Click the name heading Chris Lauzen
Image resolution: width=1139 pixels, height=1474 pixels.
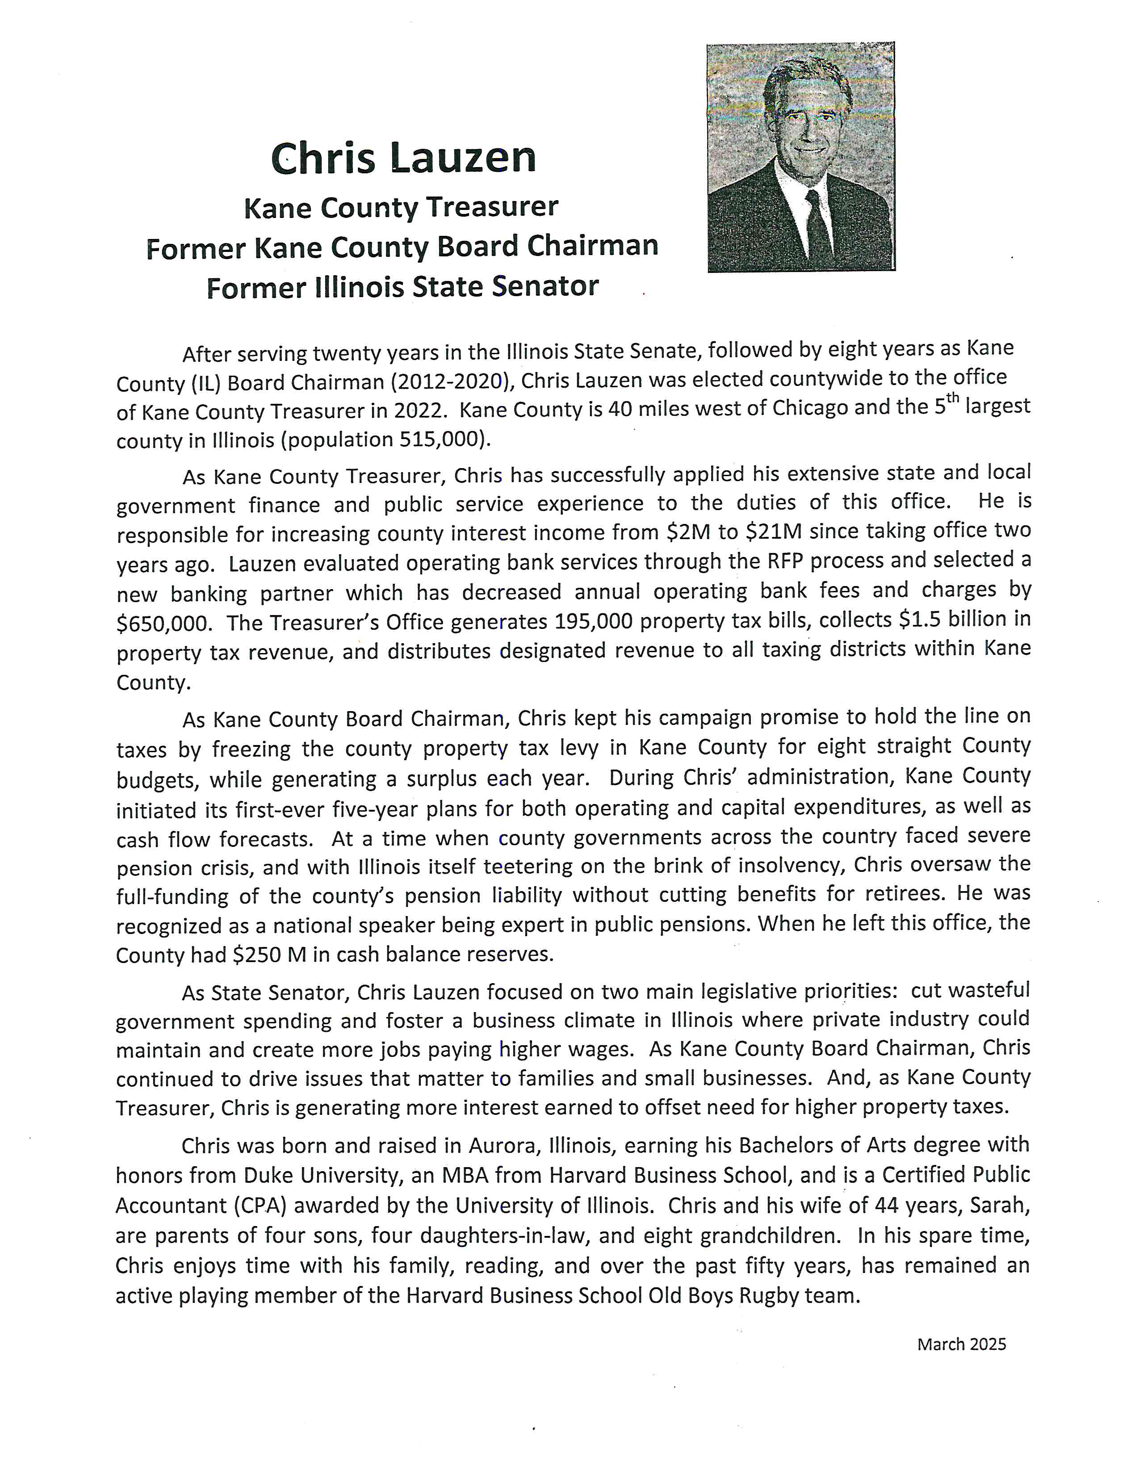click(x=403, y=158)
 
